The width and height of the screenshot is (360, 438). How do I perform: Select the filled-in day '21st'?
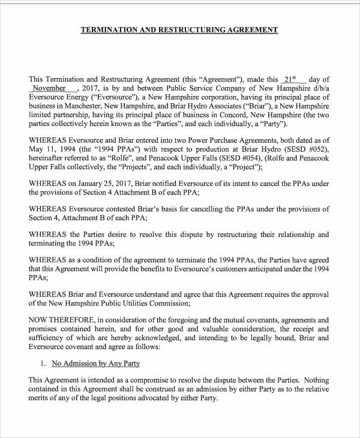pos(290,79)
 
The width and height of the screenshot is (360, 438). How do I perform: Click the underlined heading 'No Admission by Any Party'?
pos(96,364)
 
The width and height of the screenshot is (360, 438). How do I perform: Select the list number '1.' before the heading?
pos(43,364)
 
